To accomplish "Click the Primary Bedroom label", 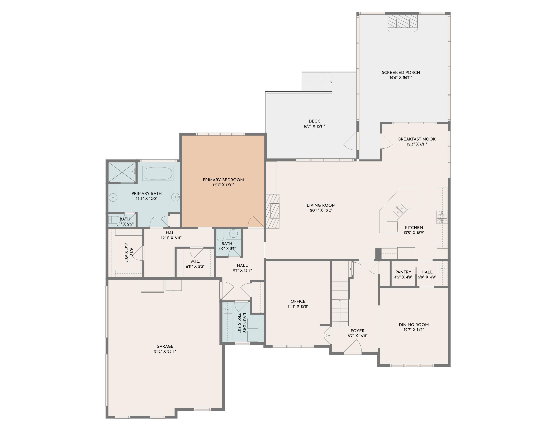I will (x=223, y=180).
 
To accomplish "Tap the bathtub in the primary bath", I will (x=157, y=173).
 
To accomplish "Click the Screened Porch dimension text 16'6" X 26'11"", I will (x=401, y=77).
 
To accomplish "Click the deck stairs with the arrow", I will (x=317, y=82).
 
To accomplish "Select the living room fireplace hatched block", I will (x=273, y=211).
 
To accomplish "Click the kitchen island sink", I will (x=399, y=209).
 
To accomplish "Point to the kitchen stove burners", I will (x=442, y=216).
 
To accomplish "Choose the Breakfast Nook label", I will (x=417, y=139).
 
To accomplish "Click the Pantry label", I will (x=403, y=272).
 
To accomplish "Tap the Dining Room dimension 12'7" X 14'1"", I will (x=414, y=330).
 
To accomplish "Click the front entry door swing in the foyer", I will (x=353, y=347).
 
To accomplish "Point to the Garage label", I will (x=165, y=346).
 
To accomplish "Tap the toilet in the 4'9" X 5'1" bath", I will (x=220, y=235).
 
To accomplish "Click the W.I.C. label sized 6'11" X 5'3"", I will (x=195, y=261).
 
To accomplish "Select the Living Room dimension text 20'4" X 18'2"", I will (x=321, y=210).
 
